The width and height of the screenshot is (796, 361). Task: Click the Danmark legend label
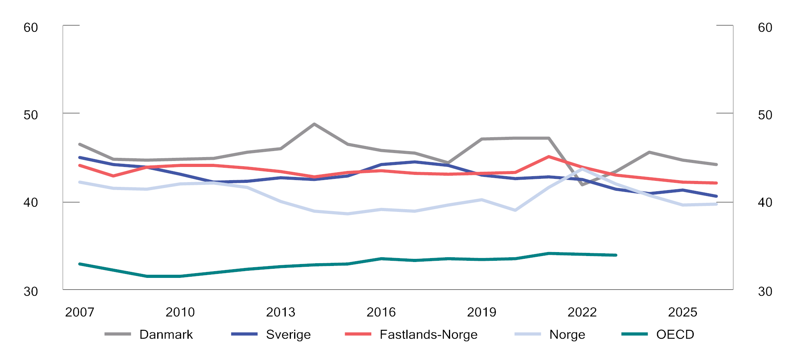click(x=166, y=334)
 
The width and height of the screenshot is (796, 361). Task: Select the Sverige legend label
click(x=288, y=334)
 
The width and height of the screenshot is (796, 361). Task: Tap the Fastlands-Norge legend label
click(x=428, y=334)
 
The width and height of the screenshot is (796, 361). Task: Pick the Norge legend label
click(x=567, y=334)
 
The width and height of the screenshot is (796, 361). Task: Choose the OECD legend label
click(x=675, y=334)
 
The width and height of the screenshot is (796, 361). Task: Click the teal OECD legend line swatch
click(x=634, y=334)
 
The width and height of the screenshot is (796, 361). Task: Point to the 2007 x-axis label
click(x=80, y=312)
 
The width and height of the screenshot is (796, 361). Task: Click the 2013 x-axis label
click(x=281, y=312)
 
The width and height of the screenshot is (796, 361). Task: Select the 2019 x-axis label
click(x=482, y=312)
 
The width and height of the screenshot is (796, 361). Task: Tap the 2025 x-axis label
click(x=683, y=312)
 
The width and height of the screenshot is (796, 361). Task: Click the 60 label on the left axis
click(x=31, y=27)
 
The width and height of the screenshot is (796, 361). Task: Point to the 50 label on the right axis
click(x=765, y=115)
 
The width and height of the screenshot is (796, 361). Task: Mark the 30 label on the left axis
click(x=31, y=291)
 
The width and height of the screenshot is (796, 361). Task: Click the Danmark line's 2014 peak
click(x=314, y=124)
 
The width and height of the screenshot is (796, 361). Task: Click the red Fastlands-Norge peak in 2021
click(x=549, y=157)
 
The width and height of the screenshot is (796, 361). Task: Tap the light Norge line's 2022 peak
click(x=583, y=168)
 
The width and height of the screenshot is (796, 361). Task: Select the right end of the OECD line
click(x=616, y=255)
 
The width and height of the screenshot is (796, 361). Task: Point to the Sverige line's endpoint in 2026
click(x=716, y=196)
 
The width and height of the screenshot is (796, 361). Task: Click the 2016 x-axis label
click(x=381, y=312)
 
